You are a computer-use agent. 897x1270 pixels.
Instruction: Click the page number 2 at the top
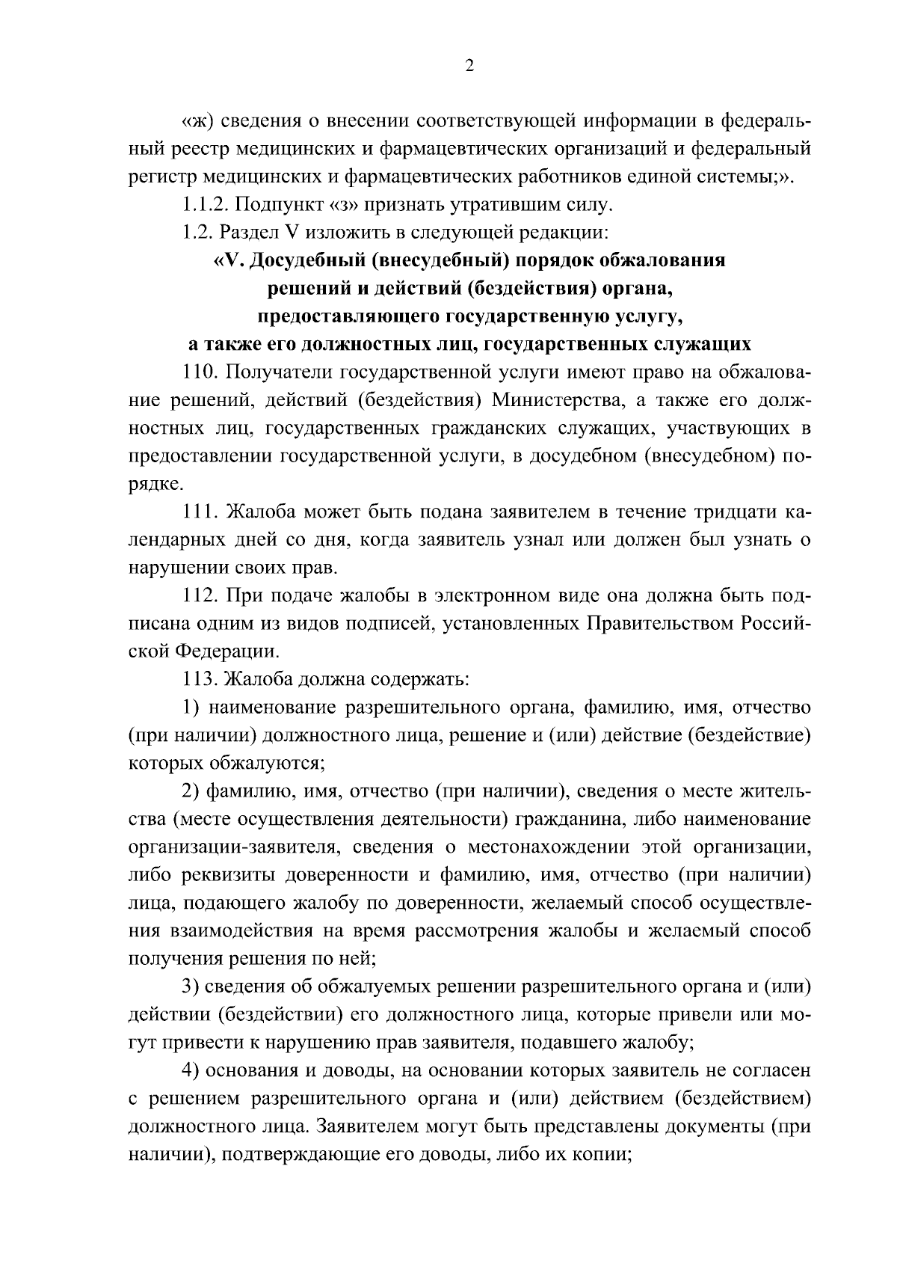[469, 66]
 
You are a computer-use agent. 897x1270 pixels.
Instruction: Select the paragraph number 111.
[200, 512]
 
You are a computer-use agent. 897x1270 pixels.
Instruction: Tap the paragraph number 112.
[200, 596]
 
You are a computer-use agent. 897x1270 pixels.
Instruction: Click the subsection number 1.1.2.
[206, 204]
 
